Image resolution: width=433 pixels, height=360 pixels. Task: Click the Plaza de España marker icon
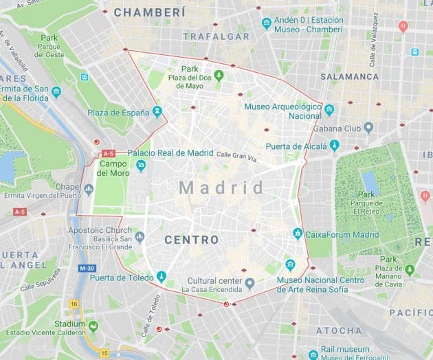pyautogui.click(x=158, y=111)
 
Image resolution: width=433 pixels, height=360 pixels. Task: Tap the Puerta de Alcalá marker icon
pyautogui.click(x=334, y=145)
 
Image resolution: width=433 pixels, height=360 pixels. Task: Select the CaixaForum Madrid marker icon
pyautogui.click(x=298, y=234)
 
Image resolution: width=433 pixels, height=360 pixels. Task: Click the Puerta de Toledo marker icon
pyautogui.click(x=162, y=277)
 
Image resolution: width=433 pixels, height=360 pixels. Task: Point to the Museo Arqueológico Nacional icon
pyautogui.click(x=329, y=111)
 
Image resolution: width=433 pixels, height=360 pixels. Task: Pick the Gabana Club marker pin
pyautogui.click(x=368, y=128)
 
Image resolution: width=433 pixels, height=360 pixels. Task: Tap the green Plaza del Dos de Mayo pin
pyautogui.click(x=219, y=75)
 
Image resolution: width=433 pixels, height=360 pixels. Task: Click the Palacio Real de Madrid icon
pyautogui.click(x=141, y=166)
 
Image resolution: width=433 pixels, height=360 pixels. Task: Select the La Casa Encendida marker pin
pyautogui.click(x=250, y=283)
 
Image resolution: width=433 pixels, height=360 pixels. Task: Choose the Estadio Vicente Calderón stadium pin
pyautogui.click(x=93, y=326)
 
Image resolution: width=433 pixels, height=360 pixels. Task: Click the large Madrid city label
pyautogui.click(x=221, y=188)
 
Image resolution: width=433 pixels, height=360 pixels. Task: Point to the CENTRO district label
pyautogui.click(x=192, y=240)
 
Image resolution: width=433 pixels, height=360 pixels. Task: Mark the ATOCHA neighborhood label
pyautogui.click(x=339, y=330)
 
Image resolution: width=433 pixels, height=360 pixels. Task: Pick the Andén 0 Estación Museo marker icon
pyautogui.click(x=267, y=24)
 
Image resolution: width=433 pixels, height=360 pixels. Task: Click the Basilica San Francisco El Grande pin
pyautogui.click(x=140, y=237)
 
